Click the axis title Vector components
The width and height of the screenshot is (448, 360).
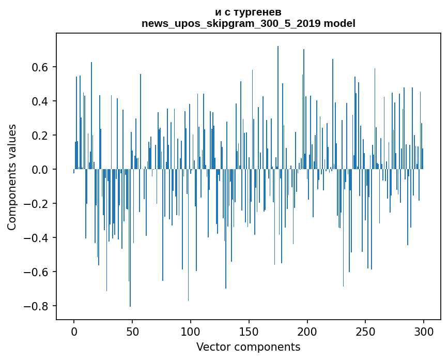248,347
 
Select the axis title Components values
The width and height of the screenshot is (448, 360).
12,177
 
